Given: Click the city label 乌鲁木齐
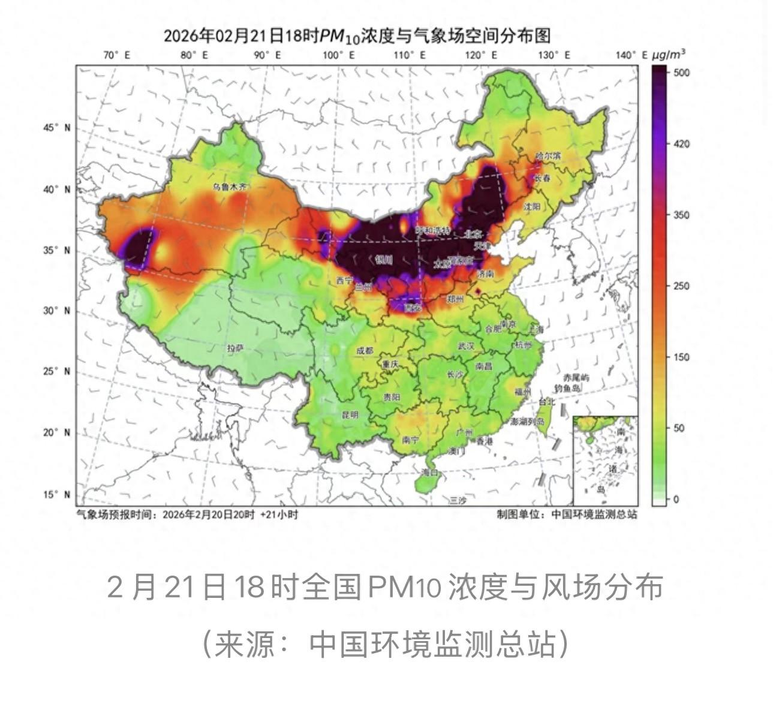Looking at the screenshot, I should (230, 186).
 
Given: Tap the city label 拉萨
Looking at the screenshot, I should (235, 348).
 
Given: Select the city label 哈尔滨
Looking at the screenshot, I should (548, 156).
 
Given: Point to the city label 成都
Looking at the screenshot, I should (365, 351).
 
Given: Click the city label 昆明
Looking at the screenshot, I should (350, 414).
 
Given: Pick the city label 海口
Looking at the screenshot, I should (430, 473).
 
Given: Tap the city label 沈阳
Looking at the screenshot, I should (531, 206).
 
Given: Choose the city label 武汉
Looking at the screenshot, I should (466, 346).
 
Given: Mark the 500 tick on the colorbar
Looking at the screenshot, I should (682, 73).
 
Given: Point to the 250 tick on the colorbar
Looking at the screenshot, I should (682, 286).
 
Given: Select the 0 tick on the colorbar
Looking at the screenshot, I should (676, 499).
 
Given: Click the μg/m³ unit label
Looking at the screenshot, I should (669, 55).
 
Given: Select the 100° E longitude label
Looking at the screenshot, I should (339, 55).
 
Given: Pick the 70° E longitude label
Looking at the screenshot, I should (116, 55).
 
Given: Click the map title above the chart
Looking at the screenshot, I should (357, 36).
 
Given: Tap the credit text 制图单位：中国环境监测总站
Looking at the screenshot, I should (566, 514).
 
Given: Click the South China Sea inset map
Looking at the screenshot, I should (605, 461).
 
